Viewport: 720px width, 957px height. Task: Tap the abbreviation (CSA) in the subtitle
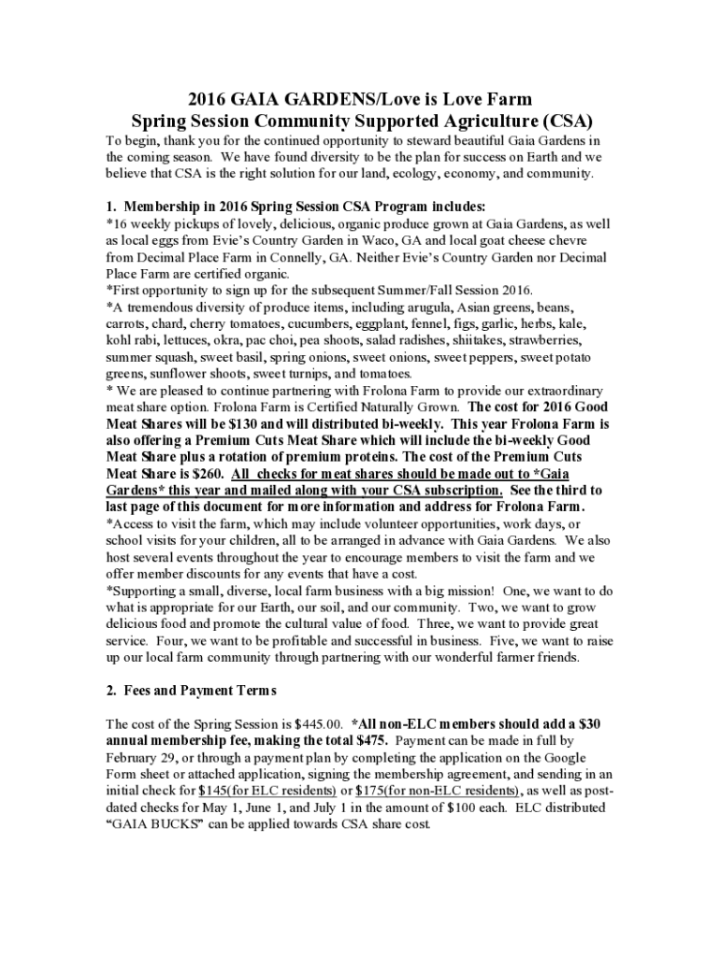pos(565,121)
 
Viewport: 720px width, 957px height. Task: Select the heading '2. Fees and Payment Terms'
pos(192,691)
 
